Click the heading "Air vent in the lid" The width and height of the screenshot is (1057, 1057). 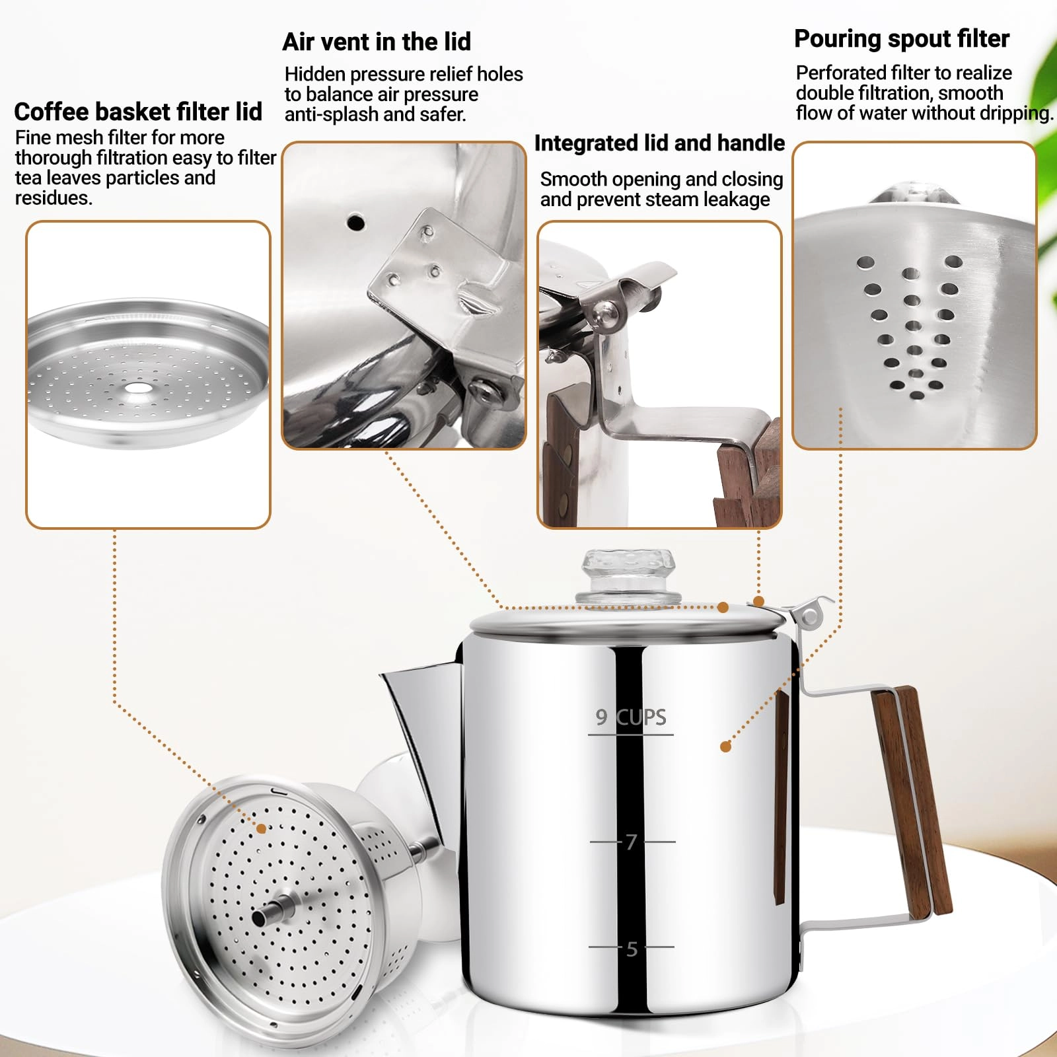(x=377, y=42)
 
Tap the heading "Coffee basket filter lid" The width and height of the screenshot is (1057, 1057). (x=138, y=112)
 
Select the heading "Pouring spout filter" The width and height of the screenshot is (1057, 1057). (x=902, y=39)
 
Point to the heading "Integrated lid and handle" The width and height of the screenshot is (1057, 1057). (x=659, y=143)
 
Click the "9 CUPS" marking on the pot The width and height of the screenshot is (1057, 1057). (x=631, y=717)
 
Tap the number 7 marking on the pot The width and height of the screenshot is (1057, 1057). (x=632, y=842)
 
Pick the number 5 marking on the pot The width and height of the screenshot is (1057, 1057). (x=632, y=949)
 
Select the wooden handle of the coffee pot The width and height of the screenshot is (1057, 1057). (x=912, y=803)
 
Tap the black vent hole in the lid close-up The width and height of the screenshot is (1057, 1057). (x=355, y=222)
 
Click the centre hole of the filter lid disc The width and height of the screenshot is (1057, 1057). (x=137, y=387)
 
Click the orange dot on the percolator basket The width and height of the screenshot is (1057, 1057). (x=262, y=828)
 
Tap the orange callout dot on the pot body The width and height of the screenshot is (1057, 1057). (x=725, y=747)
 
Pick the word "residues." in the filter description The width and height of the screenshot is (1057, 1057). (x=54, y=198)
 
